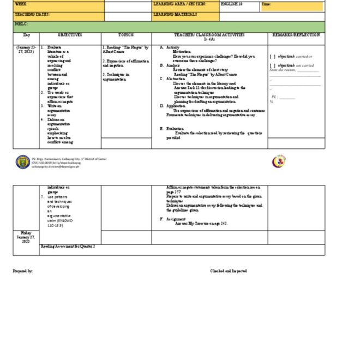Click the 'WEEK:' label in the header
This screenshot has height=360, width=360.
click(20, 4)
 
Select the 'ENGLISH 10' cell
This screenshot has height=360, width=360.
click(231, 4)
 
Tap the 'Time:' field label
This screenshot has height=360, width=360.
click(267, 4)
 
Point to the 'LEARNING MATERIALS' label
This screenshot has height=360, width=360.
click(175, 15)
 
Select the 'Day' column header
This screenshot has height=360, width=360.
click(26, 35)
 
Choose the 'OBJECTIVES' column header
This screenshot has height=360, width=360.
click(70, 35)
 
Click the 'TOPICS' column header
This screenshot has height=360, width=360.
click(126, 35)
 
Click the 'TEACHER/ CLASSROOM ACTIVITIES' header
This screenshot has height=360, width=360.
click(209, 35)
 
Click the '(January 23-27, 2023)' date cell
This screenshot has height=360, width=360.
click(26, 50)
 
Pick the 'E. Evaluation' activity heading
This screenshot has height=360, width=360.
click(171, 128)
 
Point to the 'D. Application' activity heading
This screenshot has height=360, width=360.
click(172, 106)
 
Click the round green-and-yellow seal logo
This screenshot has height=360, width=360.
click(23, 161)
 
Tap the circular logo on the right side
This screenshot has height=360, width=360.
click(279, 161)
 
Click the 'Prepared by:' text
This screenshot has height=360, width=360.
click(23, 271)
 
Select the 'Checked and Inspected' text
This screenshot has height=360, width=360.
click(229, 271)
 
